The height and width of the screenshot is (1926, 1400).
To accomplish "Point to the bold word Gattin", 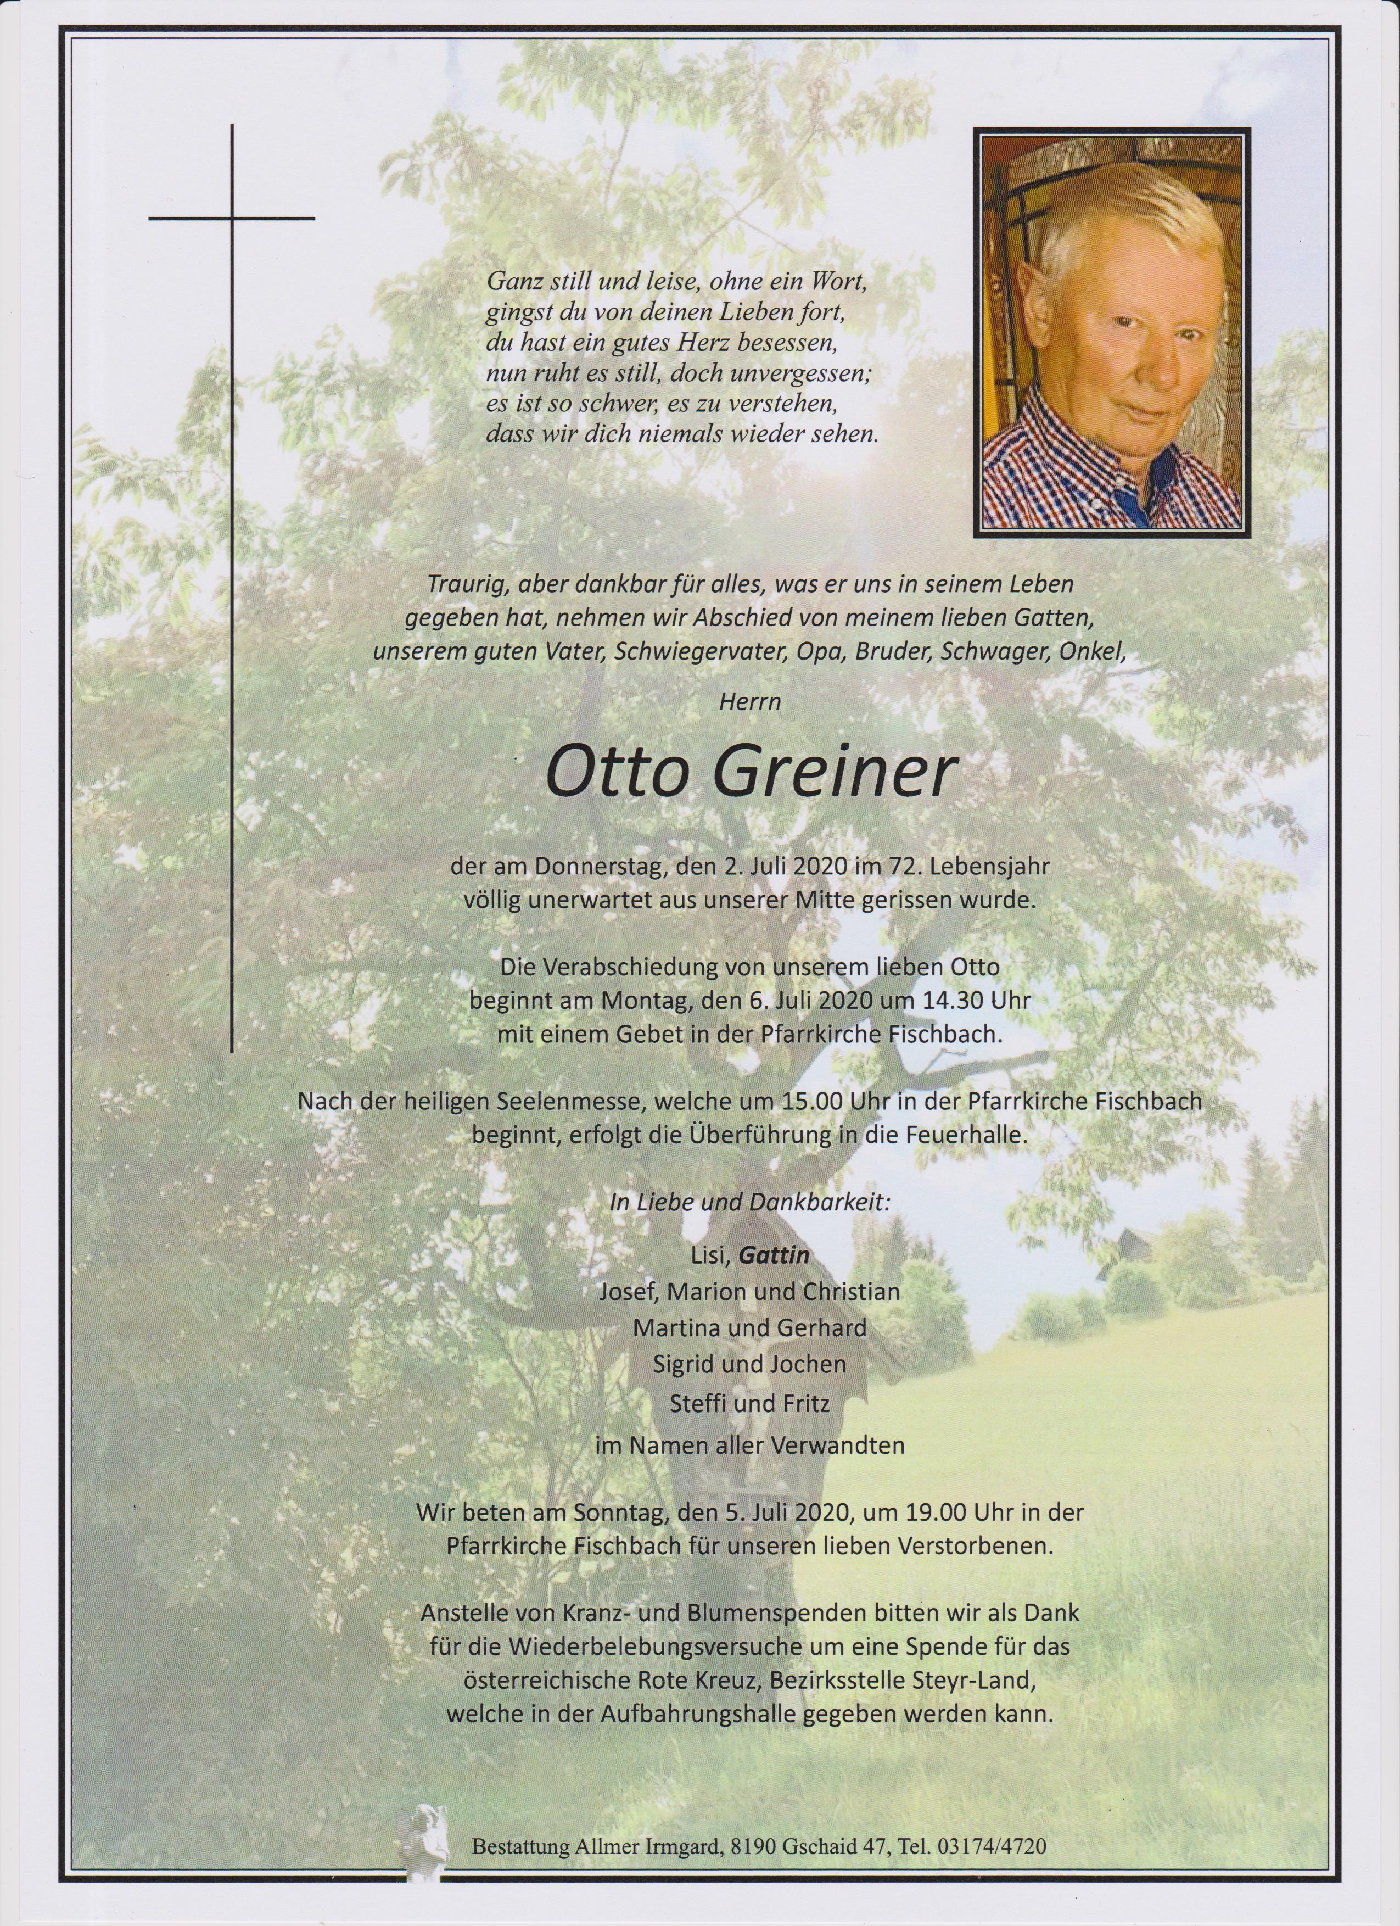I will point(772,1255).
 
